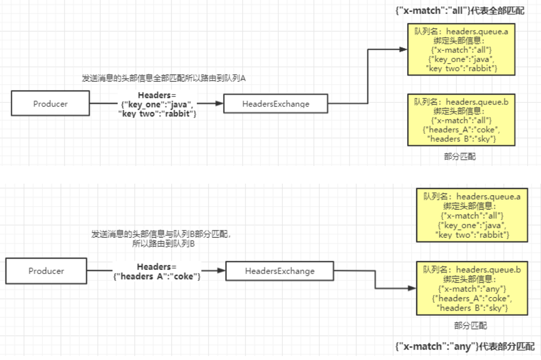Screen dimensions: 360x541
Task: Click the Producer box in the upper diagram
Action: coord(50,104)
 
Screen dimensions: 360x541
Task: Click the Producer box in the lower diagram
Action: coord(46,271)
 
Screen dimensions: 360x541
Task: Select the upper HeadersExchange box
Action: coord(276,104)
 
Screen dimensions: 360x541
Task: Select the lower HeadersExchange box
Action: coord(280,271)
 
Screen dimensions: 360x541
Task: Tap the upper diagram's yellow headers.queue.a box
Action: coord(461,49)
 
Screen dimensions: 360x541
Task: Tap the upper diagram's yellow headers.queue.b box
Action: coord(461,120)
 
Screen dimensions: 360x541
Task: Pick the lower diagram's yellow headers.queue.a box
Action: coord(472,215)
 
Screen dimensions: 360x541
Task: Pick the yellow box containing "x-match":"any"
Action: coord(472,288)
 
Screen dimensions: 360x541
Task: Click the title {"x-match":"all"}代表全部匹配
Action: coord(459,11)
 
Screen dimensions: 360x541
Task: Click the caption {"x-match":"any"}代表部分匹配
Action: coord(465,347)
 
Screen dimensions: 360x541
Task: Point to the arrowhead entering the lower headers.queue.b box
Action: coord(412,288)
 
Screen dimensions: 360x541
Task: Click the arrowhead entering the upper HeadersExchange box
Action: coord(220,103)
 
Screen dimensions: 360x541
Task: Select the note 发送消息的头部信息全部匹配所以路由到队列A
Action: coord(163,78)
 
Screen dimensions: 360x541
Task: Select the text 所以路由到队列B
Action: coord(163,244)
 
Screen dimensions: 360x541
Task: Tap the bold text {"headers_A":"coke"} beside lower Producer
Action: coord(157,276)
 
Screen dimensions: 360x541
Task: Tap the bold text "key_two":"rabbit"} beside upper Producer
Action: coord(157,114)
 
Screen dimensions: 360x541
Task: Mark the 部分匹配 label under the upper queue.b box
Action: coord(459,157)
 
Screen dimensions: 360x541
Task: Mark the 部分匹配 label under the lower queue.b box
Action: coord(470,326)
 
